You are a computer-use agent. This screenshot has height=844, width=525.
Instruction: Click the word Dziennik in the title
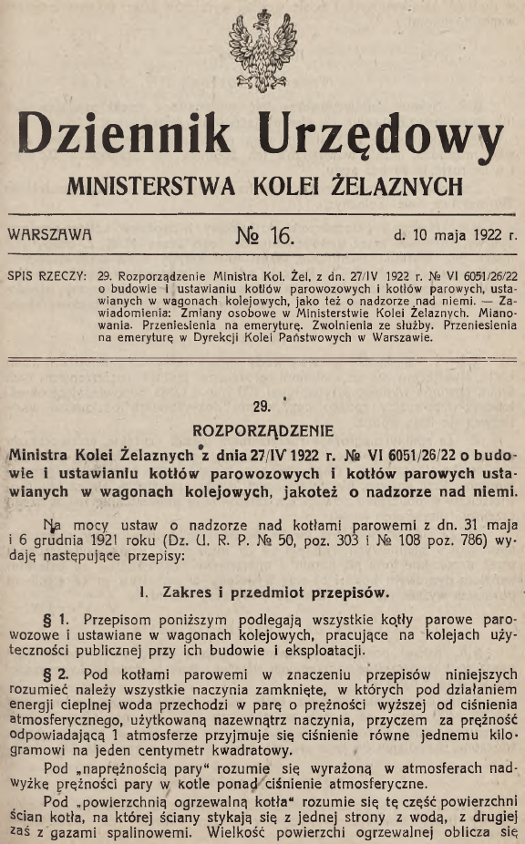[127, 137]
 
